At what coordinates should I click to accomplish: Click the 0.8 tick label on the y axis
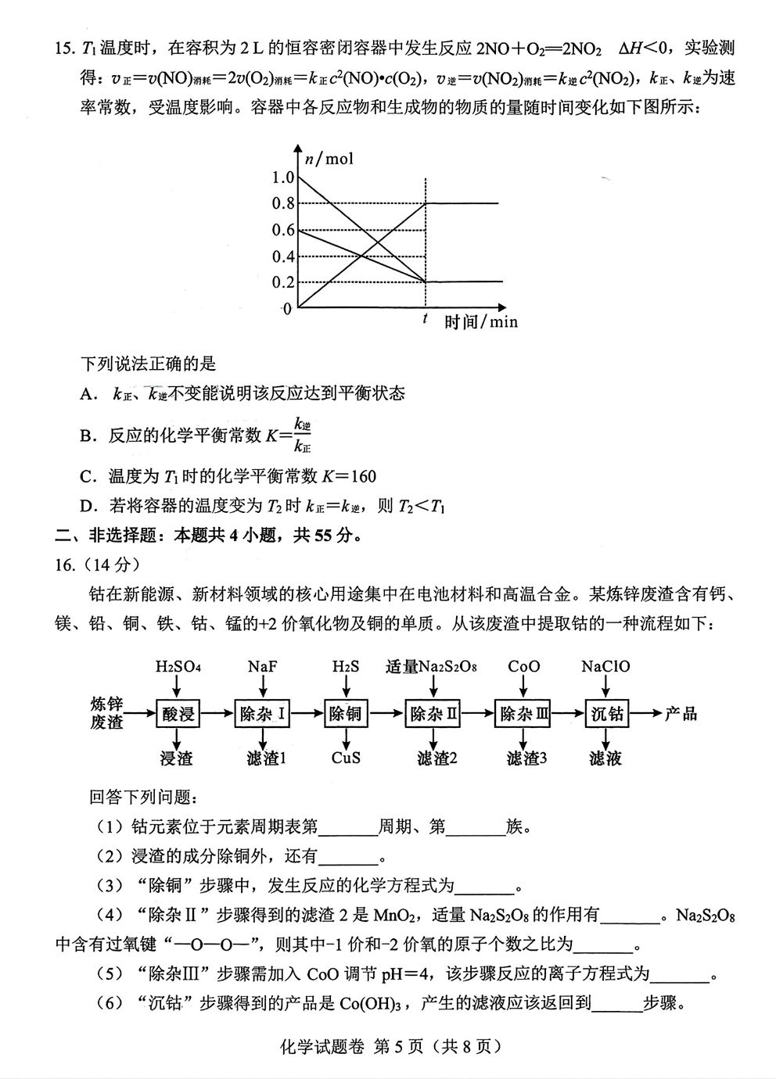click(x=282, y=203)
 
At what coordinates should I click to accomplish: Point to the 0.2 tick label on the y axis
click(x=282, y=282)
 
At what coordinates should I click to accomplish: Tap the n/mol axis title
click(x=329, y=159)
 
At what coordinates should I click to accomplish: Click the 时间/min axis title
click(x=481, y=322)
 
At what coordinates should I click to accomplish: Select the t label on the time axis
click(x=425, y=318)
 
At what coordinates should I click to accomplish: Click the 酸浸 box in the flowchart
click(x=178, y=713)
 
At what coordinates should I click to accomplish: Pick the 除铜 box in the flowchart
click(x=346, y=713)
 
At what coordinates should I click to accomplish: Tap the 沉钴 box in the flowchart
click(x=607, y=713)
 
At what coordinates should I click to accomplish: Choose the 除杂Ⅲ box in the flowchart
click(x=523, y=713)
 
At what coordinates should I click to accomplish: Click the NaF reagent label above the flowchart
click(x=263, y=667)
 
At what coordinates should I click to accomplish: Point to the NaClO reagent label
click(x=605, y=667)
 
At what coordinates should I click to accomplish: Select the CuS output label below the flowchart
click(x=346, y=758)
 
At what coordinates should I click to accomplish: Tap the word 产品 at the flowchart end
click(x=681, y=713)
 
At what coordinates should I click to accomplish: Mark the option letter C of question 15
click(x=86, y=476)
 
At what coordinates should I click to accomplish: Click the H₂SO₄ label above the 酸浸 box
click(x=178, y=667)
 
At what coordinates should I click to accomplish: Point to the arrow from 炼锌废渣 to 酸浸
click(x=141, y=713)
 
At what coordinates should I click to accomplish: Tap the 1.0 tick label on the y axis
click(x=282, y=177)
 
